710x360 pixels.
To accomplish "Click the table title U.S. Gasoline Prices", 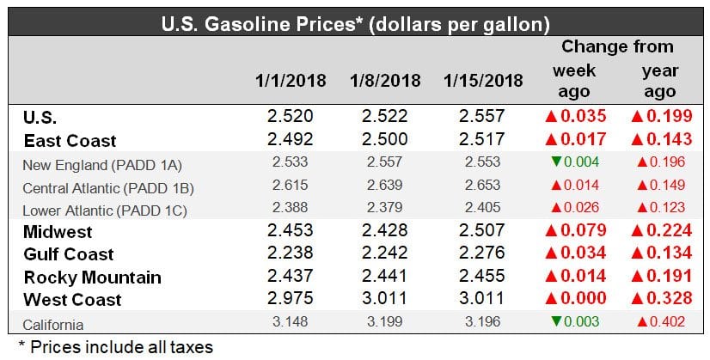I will coord(355,18).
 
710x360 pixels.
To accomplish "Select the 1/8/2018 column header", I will coord(385,81).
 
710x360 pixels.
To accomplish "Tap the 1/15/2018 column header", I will coord(484,81).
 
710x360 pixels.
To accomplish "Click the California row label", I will coord(53,323).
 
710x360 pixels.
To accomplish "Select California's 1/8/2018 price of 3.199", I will coord(385,323).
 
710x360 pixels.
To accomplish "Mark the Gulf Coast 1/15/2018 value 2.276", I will coord(484,254).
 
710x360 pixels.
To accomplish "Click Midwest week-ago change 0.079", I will coord(575,232).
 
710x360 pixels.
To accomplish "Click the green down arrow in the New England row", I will coord(554,162).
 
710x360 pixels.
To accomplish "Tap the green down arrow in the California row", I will coord(554,323).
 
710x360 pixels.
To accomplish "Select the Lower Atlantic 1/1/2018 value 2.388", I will coord(291,207).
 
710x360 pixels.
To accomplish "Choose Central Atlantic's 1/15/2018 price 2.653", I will coord(484,185).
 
